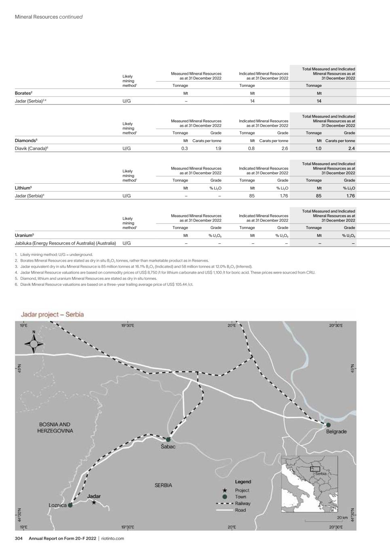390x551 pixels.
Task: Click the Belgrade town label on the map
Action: point(336,432)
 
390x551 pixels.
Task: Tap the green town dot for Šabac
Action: point(168,439)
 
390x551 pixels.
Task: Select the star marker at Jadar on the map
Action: point(94,503)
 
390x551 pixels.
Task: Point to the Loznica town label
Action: point(57,505)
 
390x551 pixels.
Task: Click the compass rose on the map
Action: point(34,343)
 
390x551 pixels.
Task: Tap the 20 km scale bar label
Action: point(342,517)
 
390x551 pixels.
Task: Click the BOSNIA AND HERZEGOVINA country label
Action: point(55,427)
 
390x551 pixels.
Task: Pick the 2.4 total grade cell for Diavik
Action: point(351,148)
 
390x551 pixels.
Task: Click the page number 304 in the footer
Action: point(19,538)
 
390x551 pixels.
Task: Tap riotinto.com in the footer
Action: point(113,538)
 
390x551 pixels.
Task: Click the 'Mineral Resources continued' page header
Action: point(48,17)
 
